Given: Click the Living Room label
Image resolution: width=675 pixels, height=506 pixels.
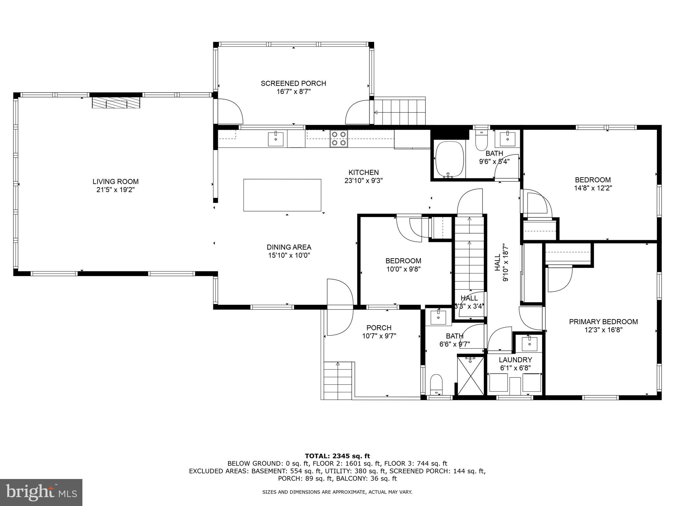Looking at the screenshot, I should click(115, 182).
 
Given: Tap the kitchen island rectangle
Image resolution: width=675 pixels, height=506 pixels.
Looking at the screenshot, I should click(282, 195).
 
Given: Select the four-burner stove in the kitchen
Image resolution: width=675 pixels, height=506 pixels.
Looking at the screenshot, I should click(339, 139).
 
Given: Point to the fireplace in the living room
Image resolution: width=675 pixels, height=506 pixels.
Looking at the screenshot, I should click(116, 102).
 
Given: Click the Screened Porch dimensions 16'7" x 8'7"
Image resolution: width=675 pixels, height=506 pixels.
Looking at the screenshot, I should click(293, 92).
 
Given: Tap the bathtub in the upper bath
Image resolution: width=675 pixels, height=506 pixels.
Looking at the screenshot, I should click(449, 160).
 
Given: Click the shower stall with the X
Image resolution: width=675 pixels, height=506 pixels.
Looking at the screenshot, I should click(471, 375).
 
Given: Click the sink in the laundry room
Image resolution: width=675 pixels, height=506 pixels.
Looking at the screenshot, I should click(529, 344).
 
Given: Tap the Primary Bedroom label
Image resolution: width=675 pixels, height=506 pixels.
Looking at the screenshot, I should click(603, 322).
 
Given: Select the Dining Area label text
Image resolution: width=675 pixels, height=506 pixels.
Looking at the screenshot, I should click(289, 247).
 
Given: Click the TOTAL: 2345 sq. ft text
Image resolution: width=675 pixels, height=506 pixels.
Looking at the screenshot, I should click(337, 456).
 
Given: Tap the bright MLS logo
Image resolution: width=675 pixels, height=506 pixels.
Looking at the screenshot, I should click(41, 492).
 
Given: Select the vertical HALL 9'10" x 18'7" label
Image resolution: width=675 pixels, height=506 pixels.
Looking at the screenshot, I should click(501, 262).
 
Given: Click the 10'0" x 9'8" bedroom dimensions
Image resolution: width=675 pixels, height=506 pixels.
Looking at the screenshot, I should click(403, 269).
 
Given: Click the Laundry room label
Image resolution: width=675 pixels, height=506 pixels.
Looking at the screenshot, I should click(515, 360).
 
